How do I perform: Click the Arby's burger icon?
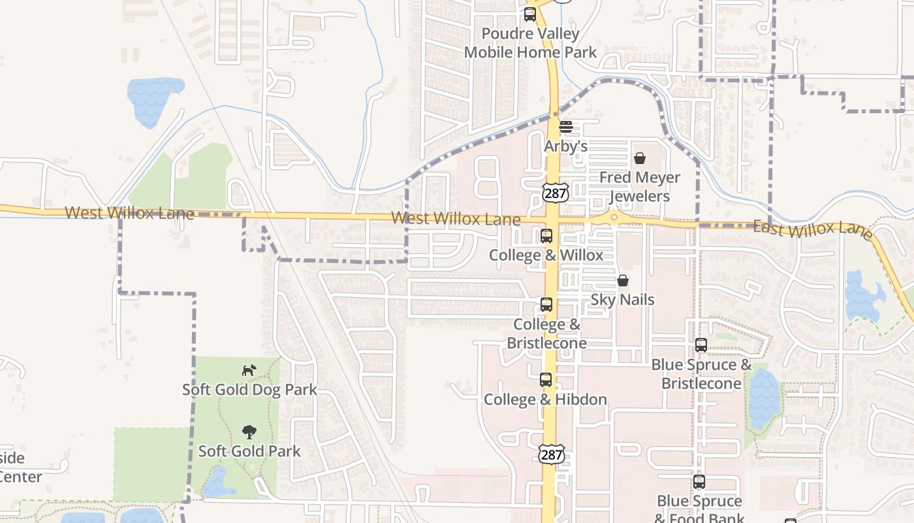(x=566, y=127)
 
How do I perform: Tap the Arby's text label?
(x=566, y=146)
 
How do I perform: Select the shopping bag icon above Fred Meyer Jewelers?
(x=640, y=158)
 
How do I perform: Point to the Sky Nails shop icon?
(x=623, y=280)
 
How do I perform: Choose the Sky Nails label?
(x=623, y=299)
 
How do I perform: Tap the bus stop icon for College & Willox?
(x=546, y=236)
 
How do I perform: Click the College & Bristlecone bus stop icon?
(x=546, y=305)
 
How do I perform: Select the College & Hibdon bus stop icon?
(x=546, y=380)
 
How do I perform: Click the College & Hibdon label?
(x=545, y=399)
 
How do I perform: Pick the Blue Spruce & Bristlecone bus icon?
(x=701, y=345)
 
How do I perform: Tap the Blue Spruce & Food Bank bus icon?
(x=699, y=482)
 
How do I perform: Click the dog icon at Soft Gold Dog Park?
(x=249, y=371)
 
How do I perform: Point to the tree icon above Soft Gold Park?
(x=249, y=431)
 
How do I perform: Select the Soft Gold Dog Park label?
(x=249, y=390)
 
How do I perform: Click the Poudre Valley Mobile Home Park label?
(x=530, y=43)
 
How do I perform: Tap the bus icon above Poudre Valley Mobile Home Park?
(x=530, y=14)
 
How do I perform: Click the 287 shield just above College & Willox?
(x=555, y=192)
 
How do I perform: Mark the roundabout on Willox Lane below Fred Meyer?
(x=614, y=217)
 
